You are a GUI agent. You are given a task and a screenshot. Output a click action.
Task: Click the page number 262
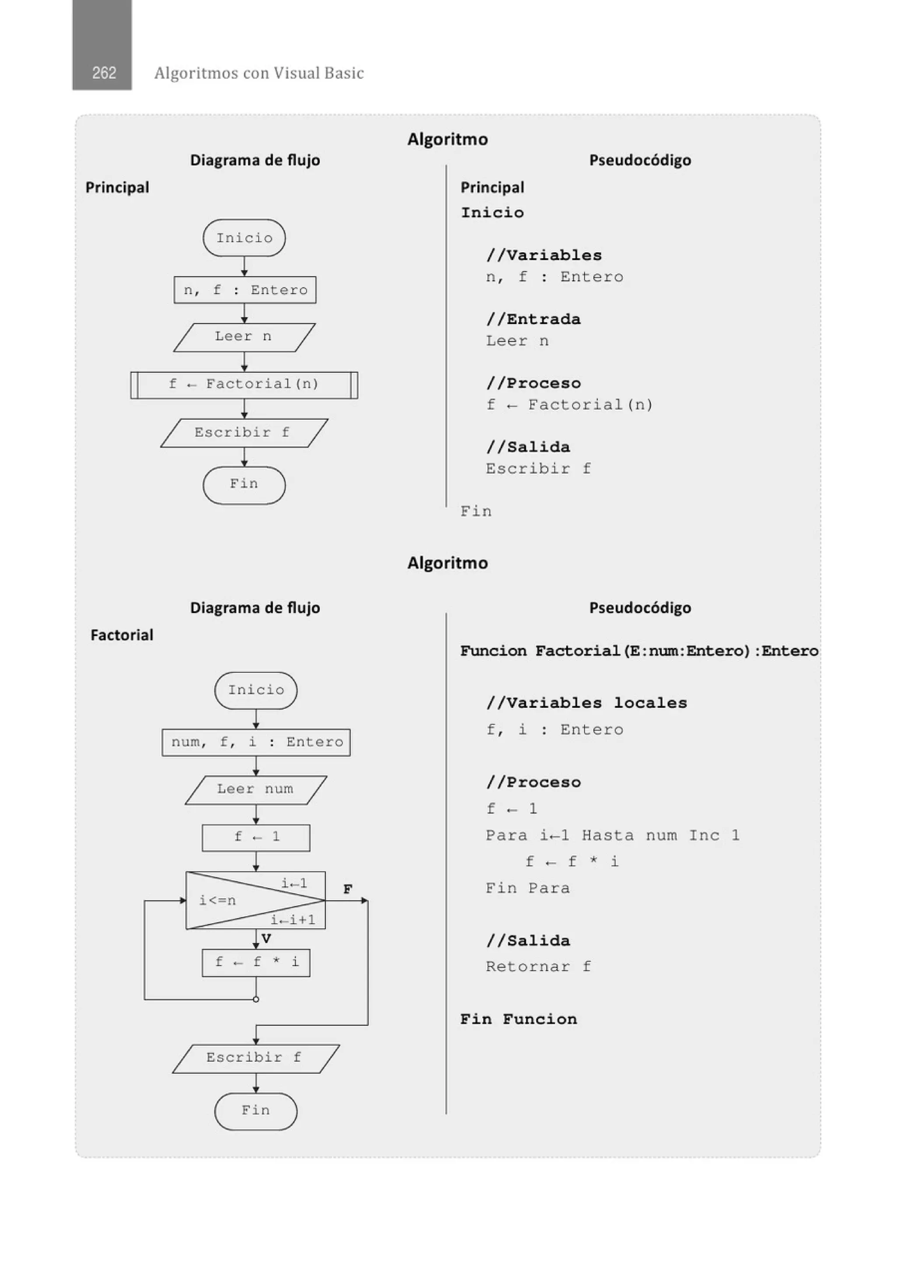pos(104,73)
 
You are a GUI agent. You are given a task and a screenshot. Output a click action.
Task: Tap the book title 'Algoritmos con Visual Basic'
pos(259,73)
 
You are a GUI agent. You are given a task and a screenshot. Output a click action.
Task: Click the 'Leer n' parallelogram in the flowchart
pos(244,336)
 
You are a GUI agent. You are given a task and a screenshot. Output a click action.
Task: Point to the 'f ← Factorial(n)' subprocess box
pos(244,385)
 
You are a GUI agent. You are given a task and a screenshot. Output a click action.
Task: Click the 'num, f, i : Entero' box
pos(256,742)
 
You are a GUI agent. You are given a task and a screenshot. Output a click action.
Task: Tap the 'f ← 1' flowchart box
pos(256,837)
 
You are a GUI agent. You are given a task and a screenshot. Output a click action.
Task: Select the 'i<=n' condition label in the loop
pos(218,900)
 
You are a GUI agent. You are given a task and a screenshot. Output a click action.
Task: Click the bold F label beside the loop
pos(347,889)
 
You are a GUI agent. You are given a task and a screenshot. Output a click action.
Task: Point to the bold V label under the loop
pos(266,939)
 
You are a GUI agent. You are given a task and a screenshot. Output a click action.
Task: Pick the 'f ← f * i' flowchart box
pos(256,962)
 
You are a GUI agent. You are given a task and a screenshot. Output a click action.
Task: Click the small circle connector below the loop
pos(256,999)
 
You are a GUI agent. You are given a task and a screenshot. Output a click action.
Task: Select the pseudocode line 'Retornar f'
pos(538,967)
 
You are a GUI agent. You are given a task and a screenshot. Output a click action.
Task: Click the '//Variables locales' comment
pos(586,703)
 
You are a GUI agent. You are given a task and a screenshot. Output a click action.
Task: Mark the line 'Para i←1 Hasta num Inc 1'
pos(612,835)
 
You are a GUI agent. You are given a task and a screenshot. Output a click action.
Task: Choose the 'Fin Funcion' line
pos(519,1019)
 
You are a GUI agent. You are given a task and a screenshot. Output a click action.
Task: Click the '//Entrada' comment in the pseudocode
pos(533,319)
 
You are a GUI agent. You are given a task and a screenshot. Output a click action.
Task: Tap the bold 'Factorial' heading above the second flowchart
pos(122,635)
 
